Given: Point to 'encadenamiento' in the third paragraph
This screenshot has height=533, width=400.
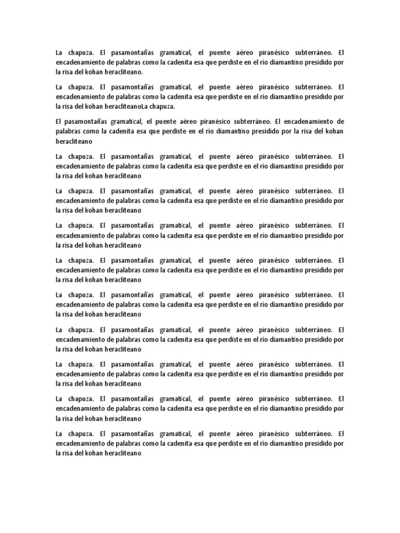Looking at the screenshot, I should click(x=308, y=121).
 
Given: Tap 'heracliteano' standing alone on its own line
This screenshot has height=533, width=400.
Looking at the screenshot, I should click(x=72, y=141).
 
